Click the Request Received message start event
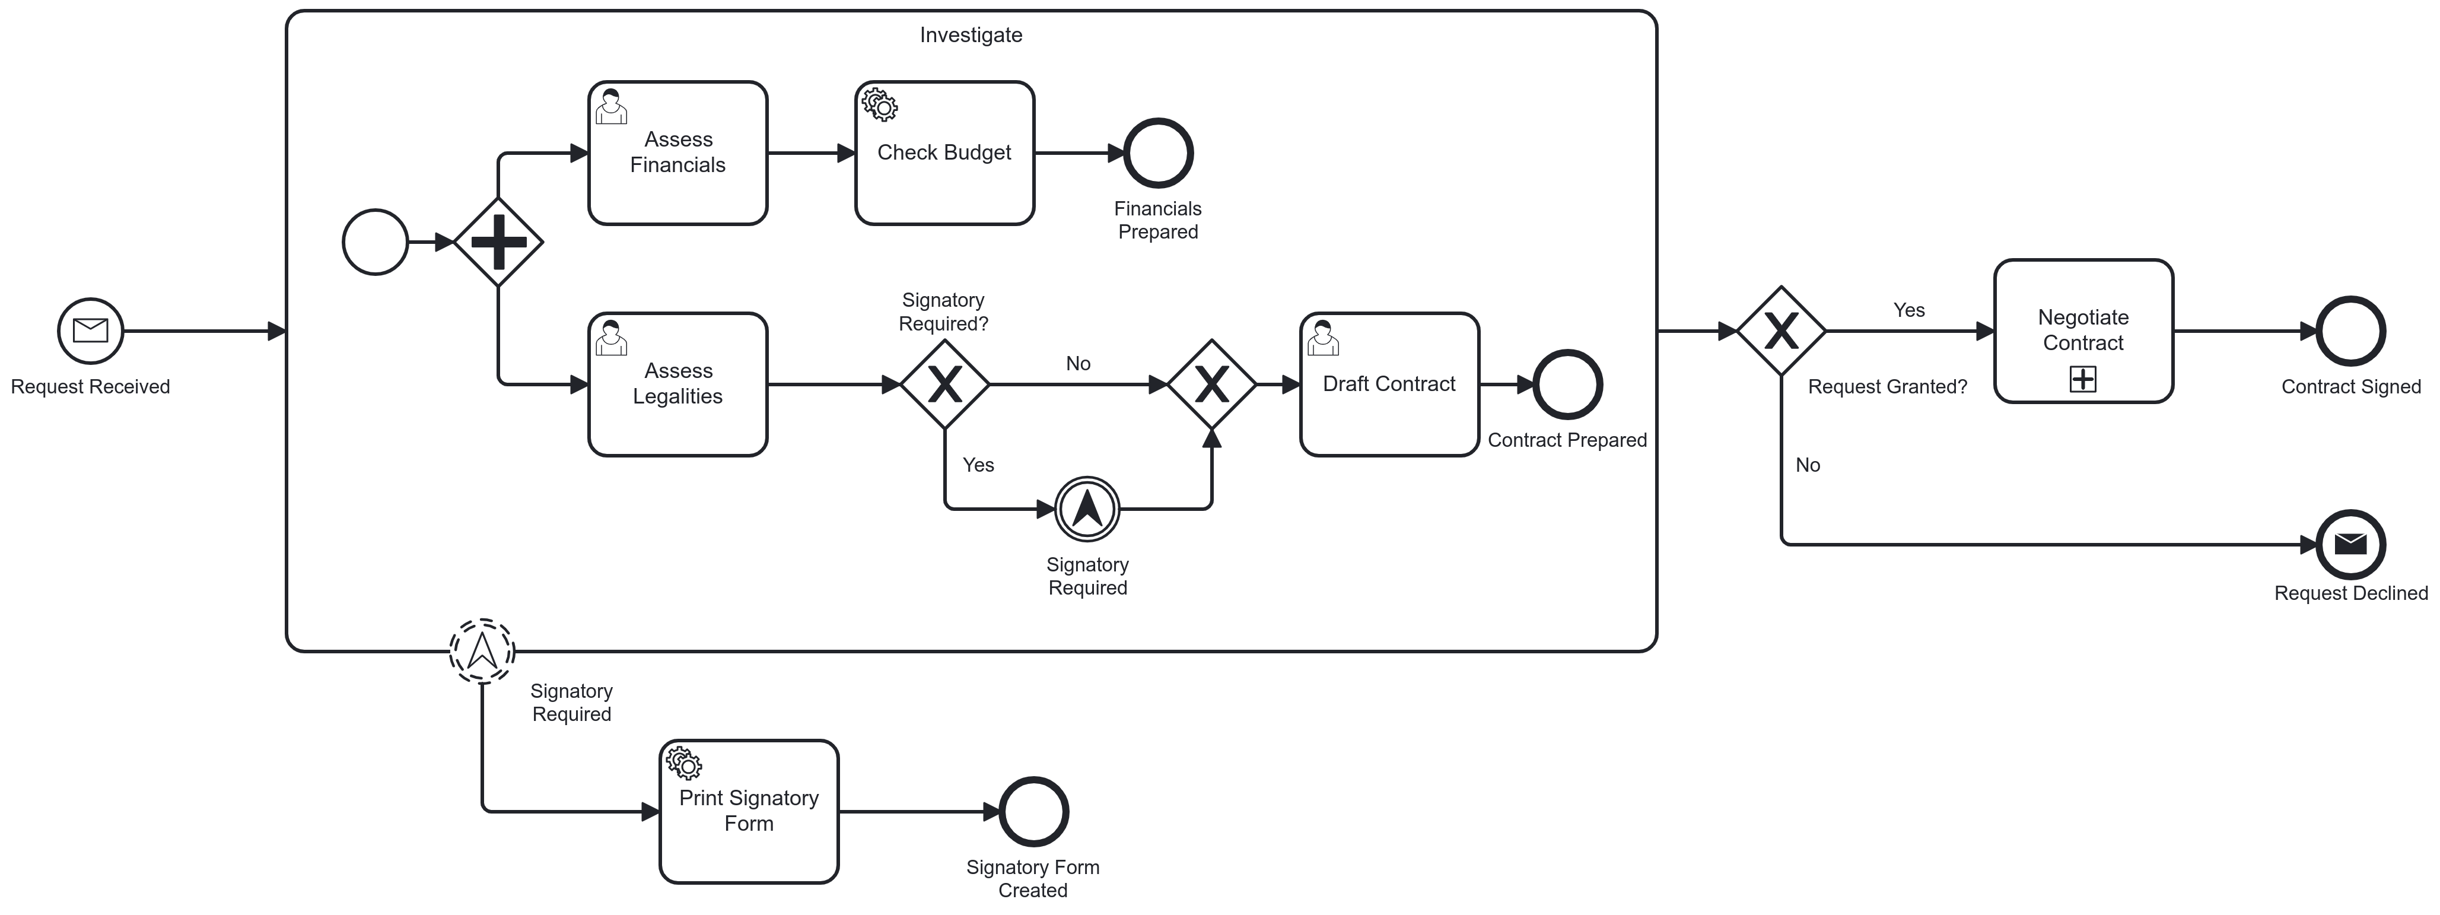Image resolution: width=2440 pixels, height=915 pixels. [x=91, y=332]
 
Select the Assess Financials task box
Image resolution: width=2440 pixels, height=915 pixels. [x=677, y=154]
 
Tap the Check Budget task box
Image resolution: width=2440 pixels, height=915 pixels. [x=944, y=154]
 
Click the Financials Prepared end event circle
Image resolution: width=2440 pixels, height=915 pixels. [x=1157, y=154]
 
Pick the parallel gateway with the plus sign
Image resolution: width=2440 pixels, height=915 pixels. [x=498, y=243]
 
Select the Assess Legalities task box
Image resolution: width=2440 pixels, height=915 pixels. [x=677, y=385]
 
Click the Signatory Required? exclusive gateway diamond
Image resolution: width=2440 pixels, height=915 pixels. [x=944, y=385]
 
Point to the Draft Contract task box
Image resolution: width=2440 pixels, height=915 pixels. [x=1389, y=385]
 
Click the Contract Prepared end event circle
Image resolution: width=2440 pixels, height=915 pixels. [x=1567, y=385]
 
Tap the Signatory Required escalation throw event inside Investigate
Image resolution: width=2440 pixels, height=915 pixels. [x=1087, y=509]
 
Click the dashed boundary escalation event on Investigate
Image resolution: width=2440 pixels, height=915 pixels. [x=482, y=652]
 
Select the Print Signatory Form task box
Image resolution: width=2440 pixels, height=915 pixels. [x=748, y=812]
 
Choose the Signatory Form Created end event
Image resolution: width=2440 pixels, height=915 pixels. [x=1033, y=812]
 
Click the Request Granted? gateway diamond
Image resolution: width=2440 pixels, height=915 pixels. [x=1781, y=332]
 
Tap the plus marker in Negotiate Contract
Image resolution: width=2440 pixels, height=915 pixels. [x=2083, y=380]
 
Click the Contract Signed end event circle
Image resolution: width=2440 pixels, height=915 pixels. [x=2350, y=332]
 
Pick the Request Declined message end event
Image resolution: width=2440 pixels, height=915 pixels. [x=2350, y=545]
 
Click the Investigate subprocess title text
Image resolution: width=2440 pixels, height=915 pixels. [x=971, y=35]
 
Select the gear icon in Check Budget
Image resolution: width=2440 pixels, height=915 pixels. [x=880, y=105]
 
